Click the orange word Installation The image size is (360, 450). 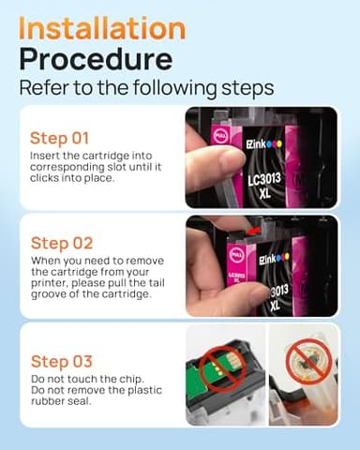tap(102, 28)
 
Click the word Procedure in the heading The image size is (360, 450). tap(96, 58)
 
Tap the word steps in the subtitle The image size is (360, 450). tap(247, 88)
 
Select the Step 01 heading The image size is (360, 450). tap(59, 138)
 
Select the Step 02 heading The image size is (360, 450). tap(62, 243)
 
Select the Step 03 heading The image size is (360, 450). tap(62, 361)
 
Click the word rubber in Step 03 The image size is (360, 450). tap(45, 401)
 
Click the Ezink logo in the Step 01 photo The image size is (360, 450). tap(263, 143)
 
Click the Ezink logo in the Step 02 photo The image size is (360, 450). tap(274, 258)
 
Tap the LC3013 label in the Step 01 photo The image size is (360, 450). tap(264, 180)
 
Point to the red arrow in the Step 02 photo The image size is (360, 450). tap(253, 232)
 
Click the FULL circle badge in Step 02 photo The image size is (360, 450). tap(236, 255)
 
